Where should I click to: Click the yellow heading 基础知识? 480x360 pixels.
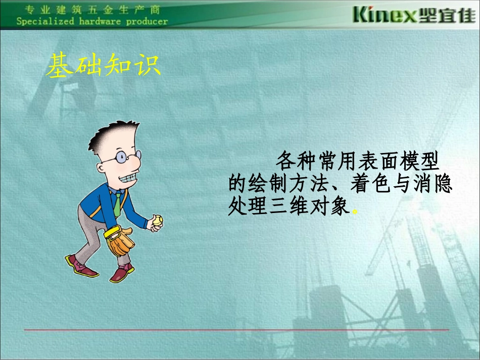(104, 66)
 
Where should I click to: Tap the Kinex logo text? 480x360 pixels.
(385, 15)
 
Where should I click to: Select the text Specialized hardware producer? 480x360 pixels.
(91, 22)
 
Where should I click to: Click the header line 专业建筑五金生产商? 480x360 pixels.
(91, 9)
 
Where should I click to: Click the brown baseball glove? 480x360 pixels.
(120, 241)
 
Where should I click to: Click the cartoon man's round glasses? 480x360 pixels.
(121, 159)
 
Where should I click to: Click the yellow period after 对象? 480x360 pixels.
(355, 211)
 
